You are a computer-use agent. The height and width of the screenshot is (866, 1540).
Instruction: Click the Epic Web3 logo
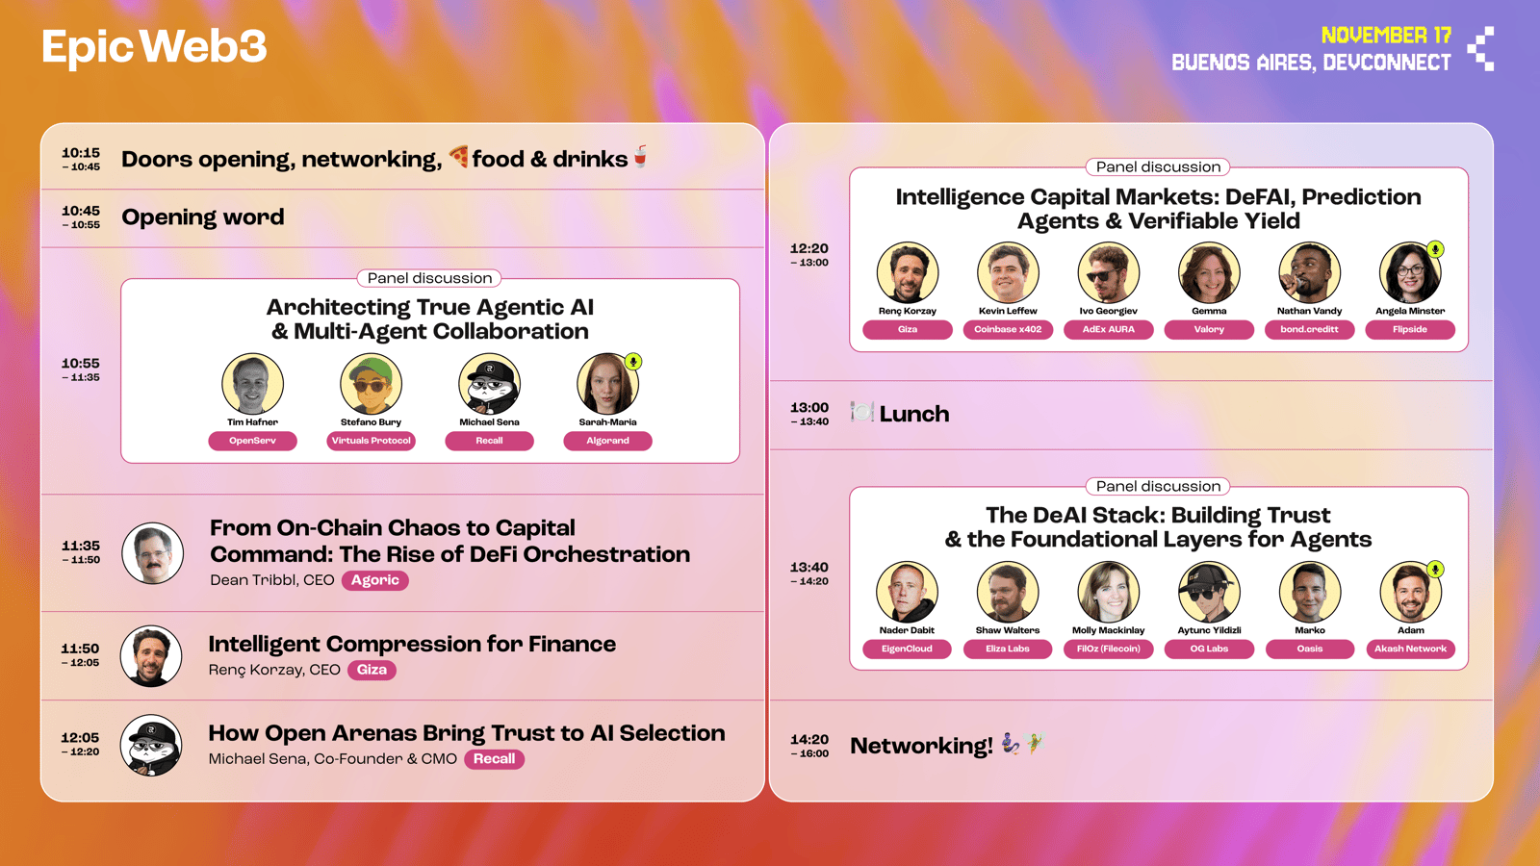154,47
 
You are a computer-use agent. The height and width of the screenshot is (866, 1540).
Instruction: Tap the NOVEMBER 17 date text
1386,35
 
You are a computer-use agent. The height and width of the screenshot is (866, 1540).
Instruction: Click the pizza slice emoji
458,157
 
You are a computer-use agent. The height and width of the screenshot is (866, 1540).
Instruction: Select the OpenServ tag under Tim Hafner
252,441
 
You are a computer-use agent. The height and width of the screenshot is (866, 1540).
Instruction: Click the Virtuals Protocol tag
372,441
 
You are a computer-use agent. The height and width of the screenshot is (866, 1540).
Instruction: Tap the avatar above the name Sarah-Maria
607,384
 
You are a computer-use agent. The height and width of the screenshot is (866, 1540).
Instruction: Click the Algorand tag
607,441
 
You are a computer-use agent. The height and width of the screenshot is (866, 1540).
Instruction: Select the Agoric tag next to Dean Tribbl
375,580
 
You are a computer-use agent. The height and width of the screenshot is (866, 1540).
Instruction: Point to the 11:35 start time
81,546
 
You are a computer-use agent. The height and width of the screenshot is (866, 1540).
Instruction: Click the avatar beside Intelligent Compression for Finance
151,655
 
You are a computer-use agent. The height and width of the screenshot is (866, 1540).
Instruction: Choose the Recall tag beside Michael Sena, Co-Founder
495,759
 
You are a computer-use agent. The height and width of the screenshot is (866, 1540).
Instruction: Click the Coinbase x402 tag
1008,329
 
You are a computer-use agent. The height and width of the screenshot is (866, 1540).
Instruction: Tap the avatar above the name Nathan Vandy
1310,272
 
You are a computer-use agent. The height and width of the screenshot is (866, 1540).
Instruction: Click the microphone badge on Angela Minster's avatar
1435,249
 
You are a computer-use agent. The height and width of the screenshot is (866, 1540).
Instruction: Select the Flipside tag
1410,329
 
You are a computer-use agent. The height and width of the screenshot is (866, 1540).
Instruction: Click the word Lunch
914,414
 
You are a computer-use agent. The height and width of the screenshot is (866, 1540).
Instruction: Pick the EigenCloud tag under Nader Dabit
907,649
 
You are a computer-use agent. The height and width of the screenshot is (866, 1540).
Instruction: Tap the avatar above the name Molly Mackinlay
1108,592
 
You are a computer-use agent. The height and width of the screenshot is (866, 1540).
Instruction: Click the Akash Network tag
1411,649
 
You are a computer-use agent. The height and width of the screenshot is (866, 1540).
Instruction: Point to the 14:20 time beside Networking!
809,740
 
